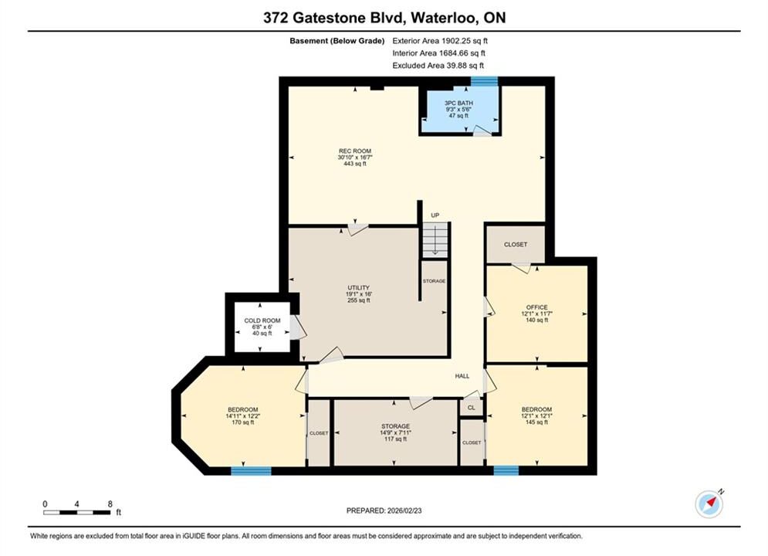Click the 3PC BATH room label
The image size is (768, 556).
click(458, 109)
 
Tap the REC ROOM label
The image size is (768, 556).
click(355, 158)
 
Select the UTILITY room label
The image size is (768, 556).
click(359, 294)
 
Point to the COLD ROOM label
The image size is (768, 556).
click(262, 327)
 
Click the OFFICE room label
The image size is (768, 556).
click(536, 314)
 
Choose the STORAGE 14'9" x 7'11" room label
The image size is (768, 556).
click(395, 432)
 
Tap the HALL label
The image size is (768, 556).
click(462, 376)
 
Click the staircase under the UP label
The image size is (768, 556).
click(435, 240)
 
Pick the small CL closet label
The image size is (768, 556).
click(471, 408)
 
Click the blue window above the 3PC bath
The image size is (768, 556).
click(485, 81)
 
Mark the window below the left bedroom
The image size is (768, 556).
click(251, 471)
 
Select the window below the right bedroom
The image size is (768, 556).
click(506, 471)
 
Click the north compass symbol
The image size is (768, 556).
click(709, 503)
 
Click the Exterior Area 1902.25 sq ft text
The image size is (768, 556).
click(440, 41)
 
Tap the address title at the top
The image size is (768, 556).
click(384, 18)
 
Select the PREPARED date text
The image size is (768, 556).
click(384, 510)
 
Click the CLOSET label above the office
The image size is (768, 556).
click(516, 245)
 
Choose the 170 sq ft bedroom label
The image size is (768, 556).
click(242, 416)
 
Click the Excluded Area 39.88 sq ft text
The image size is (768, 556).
click(438, 65)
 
